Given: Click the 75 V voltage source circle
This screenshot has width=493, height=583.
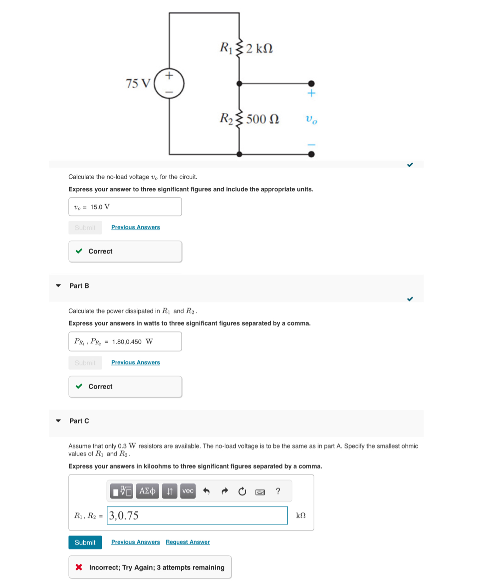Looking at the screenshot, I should [169, 84].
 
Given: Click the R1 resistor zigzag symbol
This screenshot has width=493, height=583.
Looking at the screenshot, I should [239, 48].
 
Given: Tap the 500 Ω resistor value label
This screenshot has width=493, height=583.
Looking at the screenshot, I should [263, 119].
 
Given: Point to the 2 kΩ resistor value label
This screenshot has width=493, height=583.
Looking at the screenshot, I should [259, 48].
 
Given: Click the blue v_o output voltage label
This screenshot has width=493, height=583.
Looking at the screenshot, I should [311, 119].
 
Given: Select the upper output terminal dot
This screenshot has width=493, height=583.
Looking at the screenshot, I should [311, 84].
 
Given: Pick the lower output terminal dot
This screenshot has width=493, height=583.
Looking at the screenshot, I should [311, 154].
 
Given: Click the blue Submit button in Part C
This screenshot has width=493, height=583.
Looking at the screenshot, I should [85, 542].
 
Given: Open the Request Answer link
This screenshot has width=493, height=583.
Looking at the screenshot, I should [187, 542].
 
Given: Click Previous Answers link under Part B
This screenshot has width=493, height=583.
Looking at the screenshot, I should [135, 362].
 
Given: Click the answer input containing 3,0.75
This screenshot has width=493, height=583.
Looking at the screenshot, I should [197, 515].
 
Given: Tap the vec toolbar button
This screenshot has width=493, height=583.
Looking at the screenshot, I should [188, 491].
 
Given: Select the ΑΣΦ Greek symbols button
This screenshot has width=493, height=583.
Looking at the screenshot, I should [147, 491].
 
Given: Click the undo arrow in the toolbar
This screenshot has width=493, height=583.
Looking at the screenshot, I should [206, 491].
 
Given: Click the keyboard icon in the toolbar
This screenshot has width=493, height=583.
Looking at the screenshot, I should [260, 492].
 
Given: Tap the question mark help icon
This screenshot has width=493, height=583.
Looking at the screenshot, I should [278, 491].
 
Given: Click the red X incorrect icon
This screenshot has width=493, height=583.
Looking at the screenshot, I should [79, 567].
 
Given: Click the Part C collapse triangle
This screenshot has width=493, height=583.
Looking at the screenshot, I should [58, 421].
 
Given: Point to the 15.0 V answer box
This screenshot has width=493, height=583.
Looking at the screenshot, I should [125, 207].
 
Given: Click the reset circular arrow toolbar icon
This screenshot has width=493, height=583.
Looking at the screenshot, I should [242, 491].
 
